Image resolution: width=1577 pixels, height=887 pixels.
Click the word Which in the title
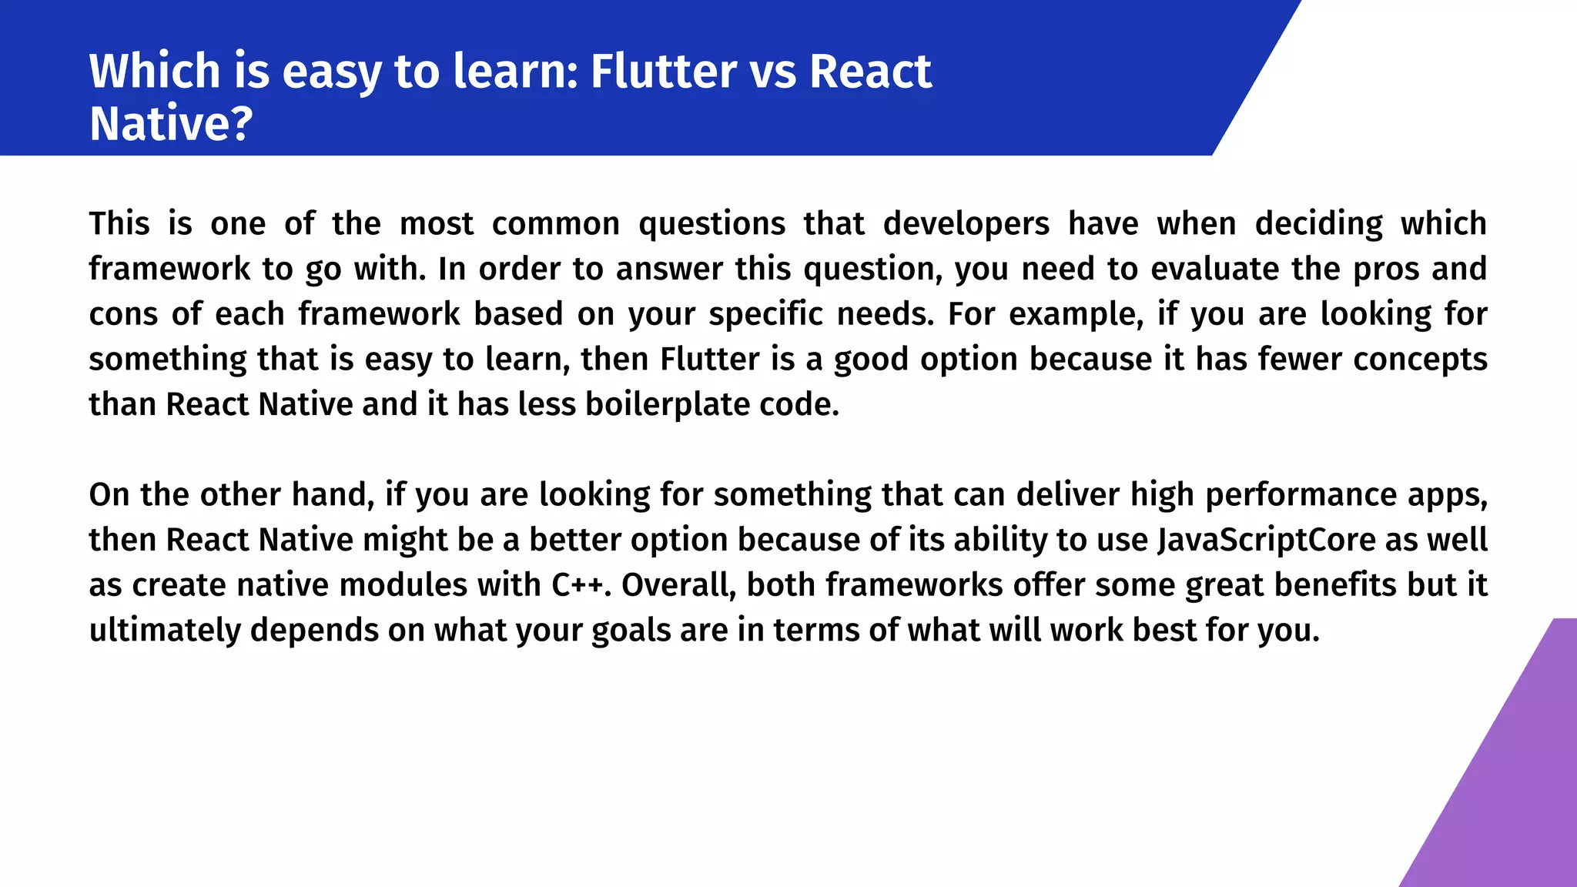[155, 71]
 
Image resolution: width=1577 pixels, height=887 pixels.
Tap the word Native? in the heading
[171, 123]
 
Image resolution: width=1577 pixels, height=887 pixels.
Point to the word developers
[966, 223]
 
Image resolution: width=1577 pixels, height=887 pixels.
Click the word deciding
[1318, 223]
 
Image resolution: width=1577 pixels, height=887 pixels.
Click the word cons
[122, 314]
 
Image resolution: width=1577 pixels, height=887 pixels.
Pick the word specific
[765, 314]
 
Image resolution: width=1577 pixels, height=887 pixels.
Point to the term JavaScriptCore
[1266, 540]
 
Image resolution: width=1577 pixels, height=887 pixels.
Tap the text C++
[578, 585]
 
